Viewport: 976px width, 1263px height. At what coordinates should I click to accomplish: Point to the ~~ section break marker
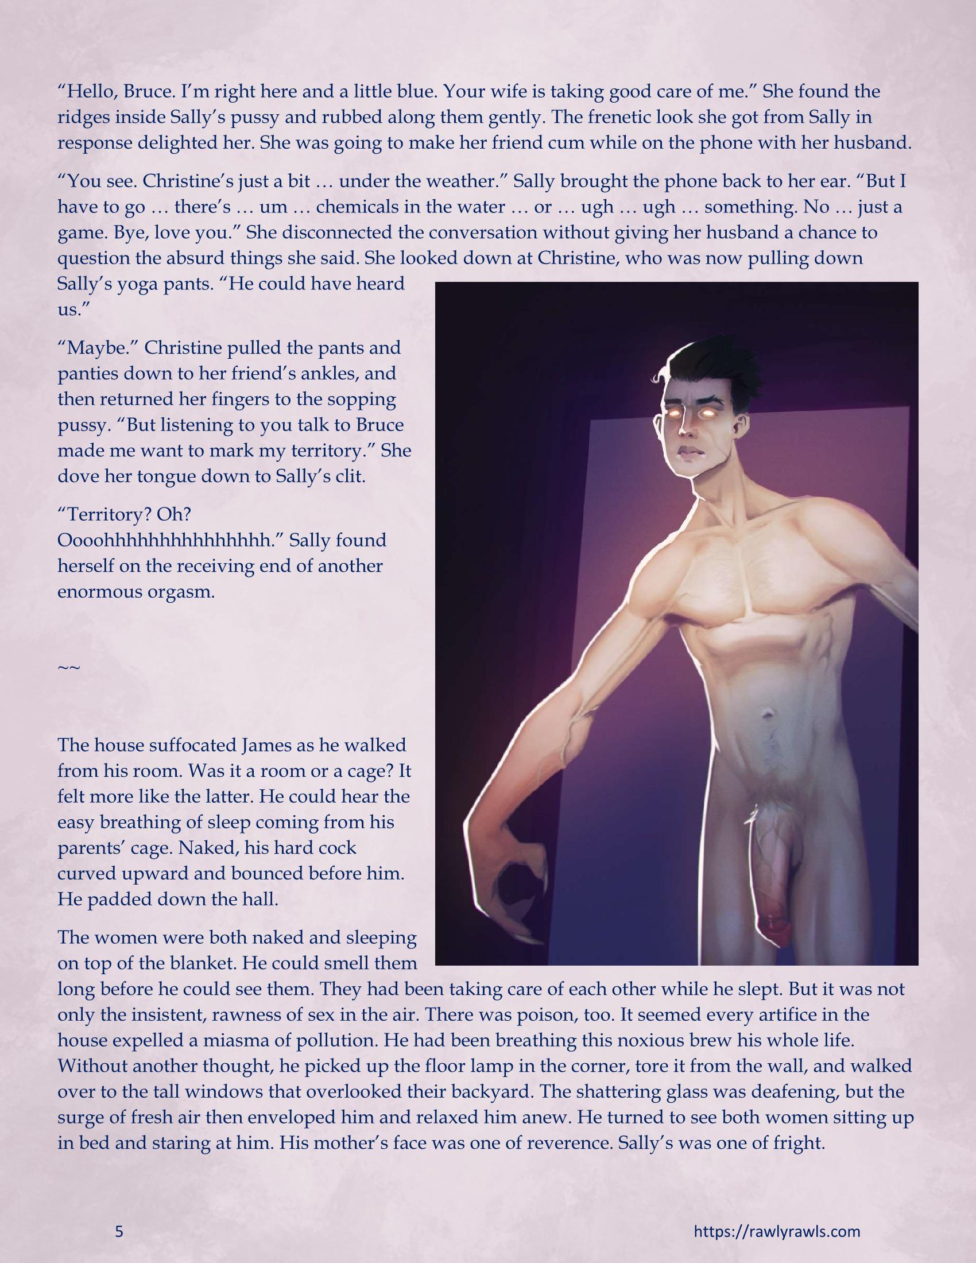[x=68, y=667]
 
